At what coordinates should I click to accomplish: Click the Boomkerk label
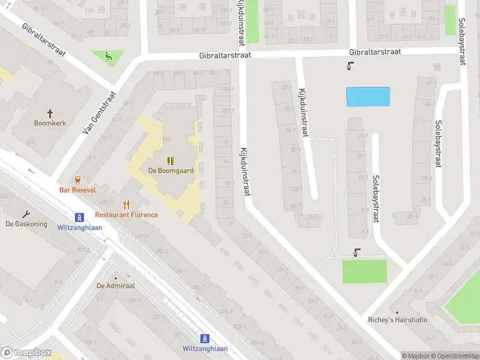click(x=50, y=123)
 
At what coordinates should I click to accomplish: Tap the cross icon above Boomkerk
click(x=50, y=113)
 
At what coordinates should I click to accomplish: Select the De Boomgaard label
click(x=171, y=170)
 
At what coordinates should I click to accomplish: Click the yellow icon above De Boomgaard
click(x=171, y=160)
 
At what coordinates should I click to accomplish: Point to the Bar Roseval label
click(x=77, y=190)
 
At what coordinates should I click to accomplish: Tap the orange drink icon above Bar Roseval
click(x=77, y=179)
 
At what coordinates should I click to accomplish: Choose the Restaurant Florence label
click(x=127, y=215)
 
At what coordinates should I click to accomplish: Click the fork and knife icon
click(x=126, y=205)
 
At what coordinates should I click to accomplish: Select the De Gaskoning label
click(x=26, y=224)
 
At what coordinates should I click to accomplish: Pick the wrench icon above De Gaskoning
click(x=26, y=214)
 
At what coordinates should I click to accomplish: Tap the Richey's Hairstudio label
click(x=398, y=320)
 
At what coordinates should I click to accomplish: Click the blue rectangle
click(x=368, y=97)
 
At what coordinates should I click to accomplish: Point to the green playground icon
click(x=108, y=57)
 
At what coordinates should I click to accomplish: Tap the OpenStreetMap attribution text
click(x=458, y=356)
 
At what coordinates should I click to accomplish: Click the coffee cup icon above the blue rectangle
click(x=350, y=67)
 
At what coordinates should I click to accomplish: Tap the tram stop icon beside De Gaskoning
click(x=79, y=217)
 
